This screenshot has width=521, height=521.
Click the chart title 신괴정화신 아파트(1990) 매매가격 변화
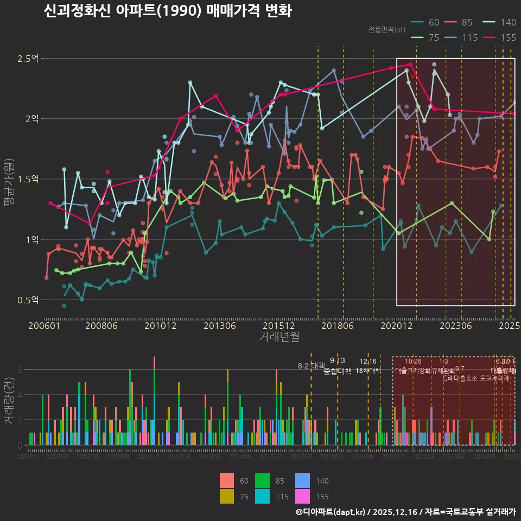(x=168, y=11)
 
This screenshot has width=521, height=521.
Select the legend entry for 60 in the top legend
(x=427, y=22)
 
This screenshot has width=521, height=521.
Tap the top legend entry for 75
(x=427, y=37)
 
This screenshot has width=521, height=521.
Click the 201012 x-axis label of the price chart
(x=160, y=326)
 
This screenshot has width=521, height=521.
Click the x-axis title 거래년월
(x=279, y=337)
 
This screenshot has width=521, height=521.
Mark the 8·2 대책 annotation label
(x=312, y=366)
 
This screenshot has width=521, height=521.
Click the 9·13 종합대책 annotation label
(x=338, y=366)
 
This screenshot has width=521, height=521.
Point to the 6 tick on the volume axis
(x=20, y=370)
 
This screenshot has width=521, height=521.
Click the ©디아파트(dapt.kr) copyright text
(x=331, y=512)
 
